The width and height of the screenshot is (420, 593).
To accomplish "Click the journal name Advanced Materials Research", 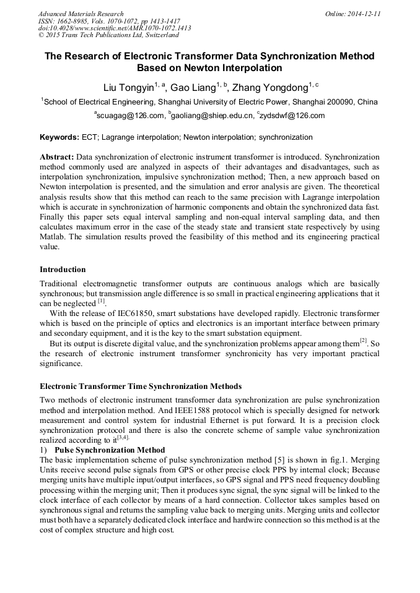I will coord(81,14).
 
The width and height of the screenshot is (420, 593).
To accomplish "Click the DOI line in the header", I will coord(115,28).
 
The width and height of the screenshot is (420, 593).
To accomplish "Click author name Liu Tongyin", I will coord(128,87).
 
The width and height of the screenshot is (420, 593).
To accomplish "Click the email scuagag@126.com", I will coord(129,116).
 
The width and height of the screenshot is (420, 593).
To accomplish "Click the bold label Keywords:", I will coord(59,137).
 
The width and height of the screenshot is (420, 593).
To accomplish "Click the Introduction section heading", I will coord(63,270).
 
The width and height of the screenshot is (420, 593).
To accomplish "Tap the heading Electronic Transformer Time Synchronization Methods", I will coord(141,386).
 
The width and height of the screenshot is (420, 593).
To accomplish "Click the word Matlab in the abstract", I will coord(53,237).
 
